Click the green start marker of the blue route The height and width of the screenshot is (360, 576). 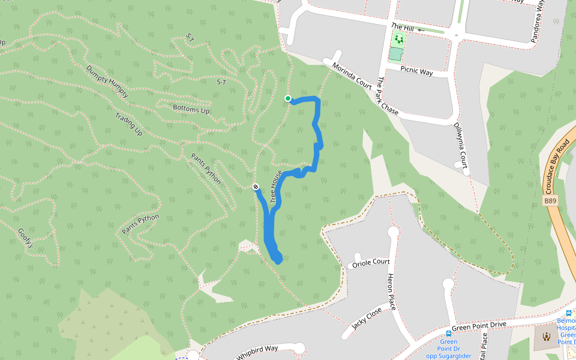coord(288,98)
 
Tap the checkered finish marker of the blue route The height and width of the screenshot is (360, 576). coord(256,187)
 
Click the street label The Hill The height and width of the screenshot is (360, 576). coord(403,27)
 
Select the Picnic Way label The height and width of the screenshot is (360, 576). coord(417,71)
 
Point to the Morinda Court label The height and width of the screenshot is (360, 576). coord(352,76)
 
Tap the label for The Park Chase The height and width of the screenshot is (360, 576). coord(388,97)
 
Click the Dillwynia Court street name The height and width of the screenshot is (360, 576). coord(460,145)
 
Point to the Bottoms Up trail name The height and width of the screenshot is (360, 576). coord(191,110)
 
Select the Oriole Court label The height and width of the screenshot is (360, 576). coord(371,263)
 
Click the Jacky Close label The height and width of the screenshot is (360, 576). coord(367,318)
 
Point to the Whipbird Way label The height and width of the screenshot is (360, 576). coord(257,352)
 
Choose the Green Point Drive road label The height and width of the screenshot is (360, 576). coord(479,326)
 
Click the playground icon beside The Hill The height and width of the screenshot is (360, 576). coord(398,40)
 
